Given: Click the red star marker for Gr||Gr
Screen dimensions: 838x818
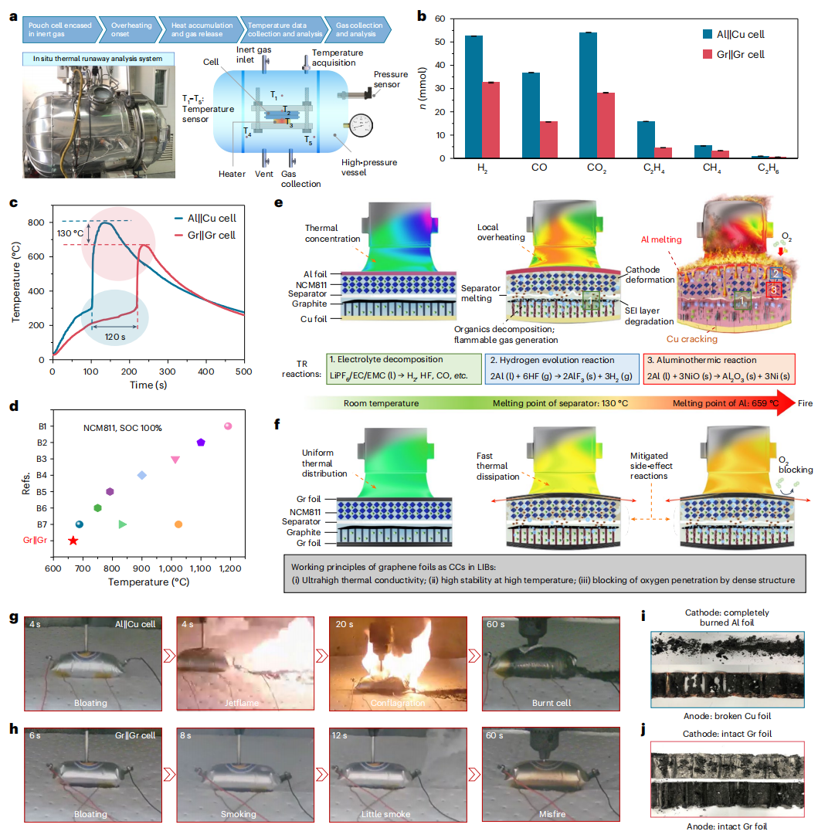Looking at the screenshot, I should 73,541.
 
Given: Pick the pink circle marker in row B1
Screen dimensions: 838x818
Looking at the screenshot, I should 228,426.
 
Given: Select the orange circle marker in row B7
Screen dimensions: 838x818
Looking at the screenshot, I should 178,524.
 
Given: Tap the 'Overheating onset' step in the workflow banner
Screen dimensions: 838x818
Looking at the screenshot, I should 123,30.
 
